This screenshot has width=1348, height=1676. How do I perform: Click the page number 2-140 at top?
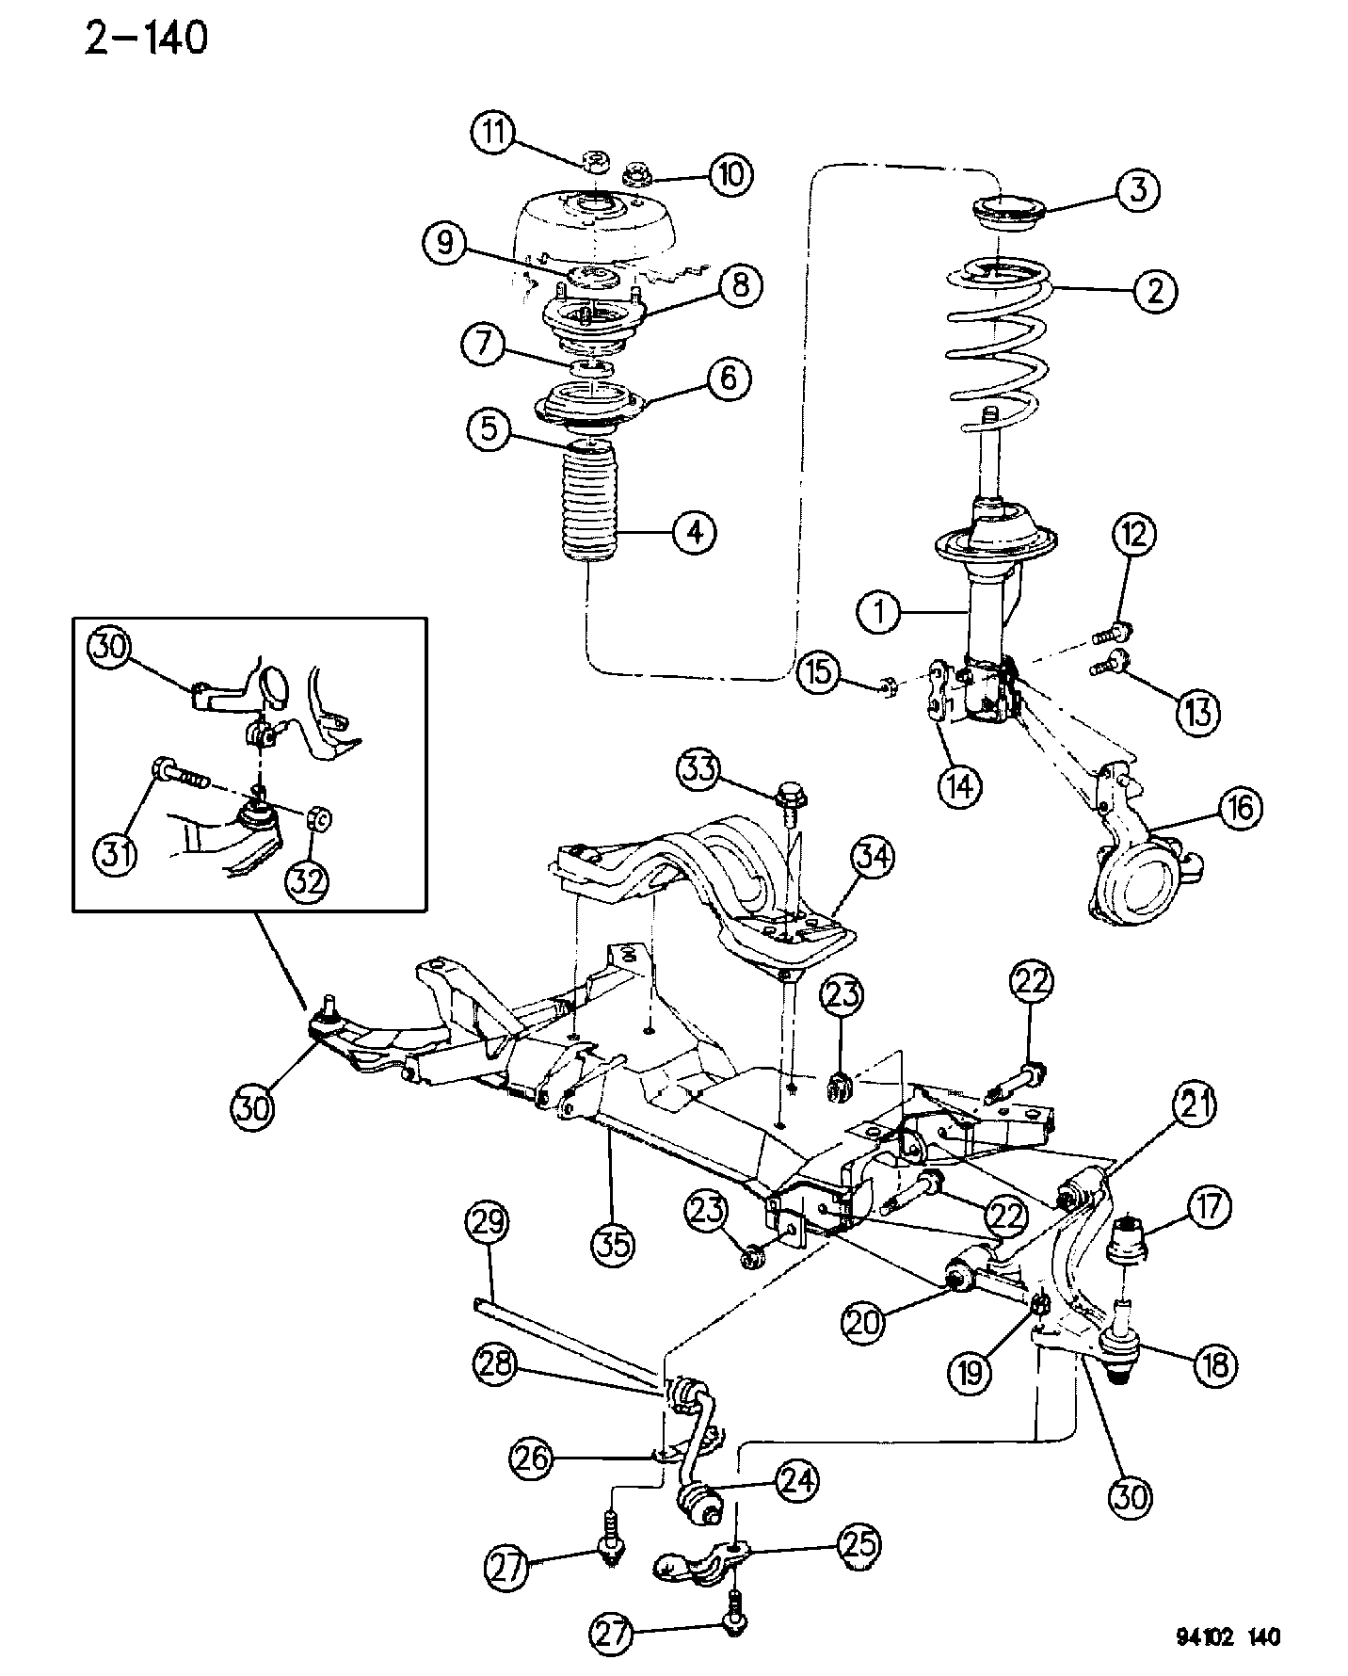click(x=146, y=39)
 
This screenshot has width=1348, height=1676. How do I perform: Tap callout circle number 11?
click(x=492, y=132)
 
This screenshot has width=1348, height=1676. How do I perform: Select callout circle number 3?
click(x=1138, y=190)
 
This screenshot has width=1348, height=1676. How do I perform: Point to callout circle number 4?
click(x=694, y=533)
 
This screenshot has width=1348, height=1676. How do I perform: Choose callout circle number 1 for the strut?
click(x=879, y=614)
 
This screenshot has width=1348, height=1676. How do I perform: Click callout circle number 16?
click(x=1242, y=808)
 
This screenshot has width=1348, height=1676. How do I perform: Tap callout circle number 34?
click(x=873, y=858)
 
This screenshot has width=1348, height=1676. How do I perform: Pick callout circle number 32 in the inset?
click(x=309, y=879)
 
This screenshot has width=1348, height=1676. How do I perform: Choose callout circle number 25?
click(x=858, y=1544)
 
